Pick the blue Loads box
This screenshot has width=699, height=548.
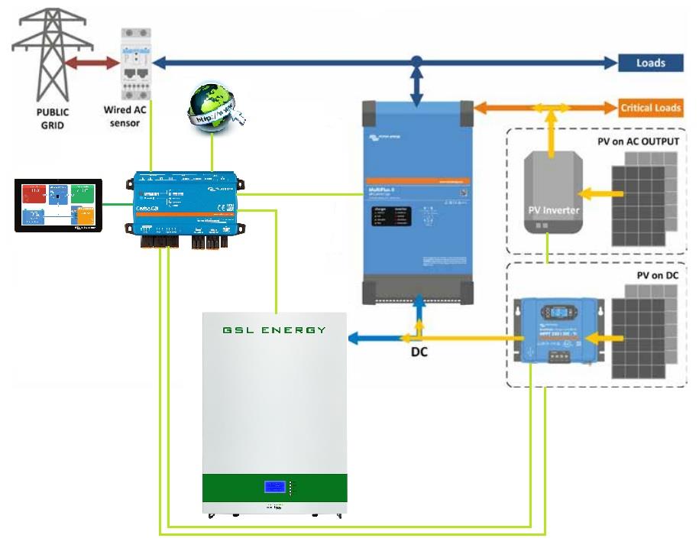650,63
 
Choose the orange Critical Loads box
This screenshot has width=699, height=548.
650,108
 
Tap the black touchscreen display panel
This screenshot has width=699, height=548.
59,205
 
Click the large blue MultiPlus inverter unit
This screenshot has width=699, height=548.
416,202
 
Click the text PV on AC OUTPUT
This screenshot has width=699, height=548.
638,142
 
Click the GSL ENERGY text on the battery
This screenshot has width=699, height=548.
274,330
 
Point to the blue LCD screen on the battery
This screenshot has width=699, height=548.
275,487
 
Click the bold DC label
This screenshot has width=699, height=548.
420,353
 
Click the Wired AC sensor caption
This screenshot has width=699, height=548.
125,116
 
